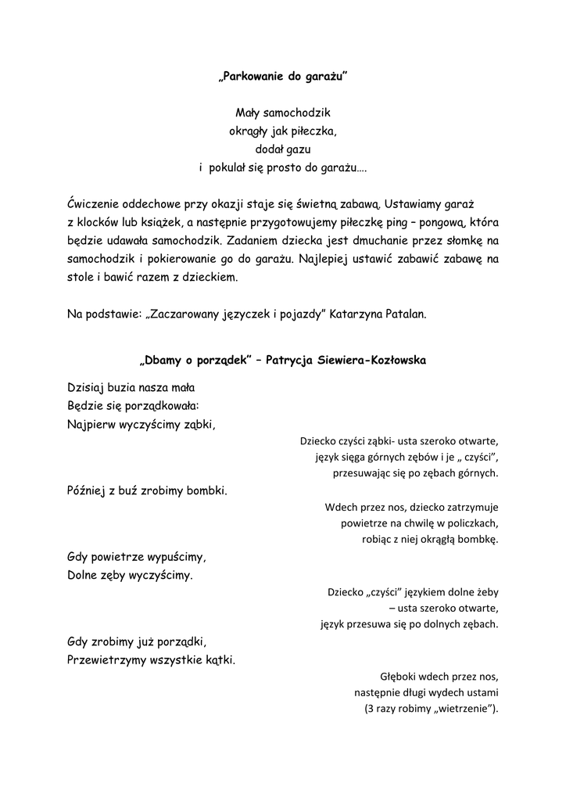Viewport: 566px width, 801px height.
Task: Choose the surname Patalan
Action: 403,314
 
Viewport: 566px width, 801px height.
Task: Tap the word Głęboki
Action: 399,677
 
